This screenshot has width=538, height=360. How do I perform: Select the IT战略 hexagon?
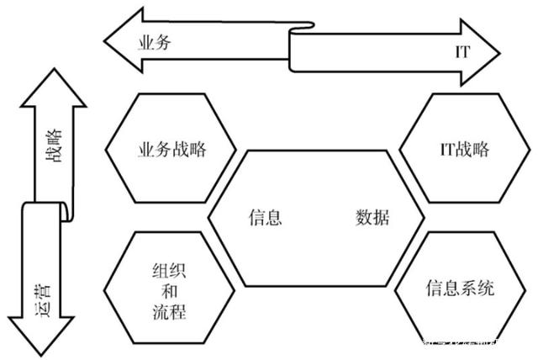pyautogui.click(x=464, y=150)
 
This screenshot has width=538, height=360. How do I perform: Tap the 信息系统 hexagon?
pyautogui.click(x=459, y=289)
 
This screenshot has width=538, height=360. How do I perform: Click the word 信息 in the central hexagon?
pyautogui.click(x=265, y=217)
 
